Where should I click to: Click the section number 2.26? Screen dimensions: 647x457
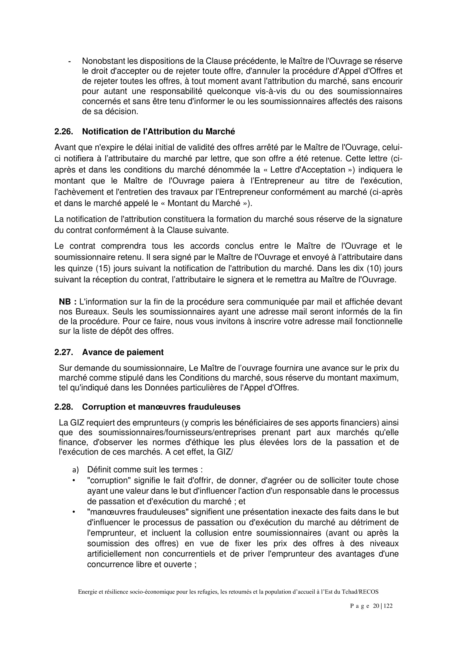(64, 132)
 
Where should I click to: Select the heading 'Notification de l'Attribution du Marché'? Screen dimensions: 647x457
(158, 132)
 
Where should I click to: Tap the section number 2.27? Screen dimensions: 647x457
(64, 352)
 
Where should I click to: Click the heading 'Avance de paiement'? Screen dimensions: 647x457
(123, 352)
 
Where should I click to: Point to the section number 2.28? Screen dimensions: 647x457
(64, 407)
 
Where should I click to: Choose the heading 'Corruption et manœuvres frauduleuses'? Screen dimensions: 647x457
(161, 407)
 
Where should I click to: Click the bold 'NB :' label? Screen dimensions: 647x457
(67, 302)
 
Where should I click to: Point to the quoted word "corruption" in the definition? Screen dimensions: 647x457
(108, 480)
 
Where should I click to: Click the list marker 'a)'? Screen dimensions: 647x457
(75, 470)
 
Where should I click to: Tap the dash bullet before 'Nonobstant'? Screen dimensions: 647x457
(70, 61)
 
